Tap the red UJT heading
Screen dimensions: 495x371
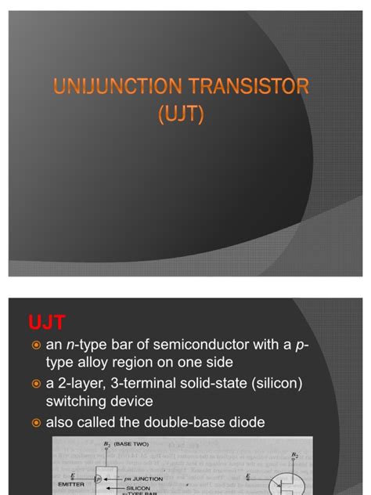pyautogui.click(x=46, y=322)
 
